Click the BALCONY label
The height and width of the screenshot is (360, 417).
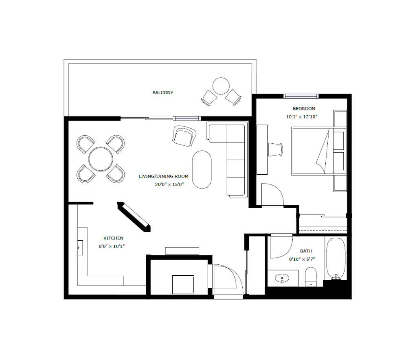(163, 92)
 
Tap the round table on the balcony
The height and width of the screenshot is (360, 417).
(221, 86)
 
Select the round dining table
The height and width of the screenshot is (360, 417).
(101, 159)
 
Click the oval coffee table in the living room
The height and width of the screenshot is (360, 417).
(202, 170)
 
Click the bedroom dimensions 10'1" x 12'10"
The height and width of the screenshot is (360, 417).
(302, 117)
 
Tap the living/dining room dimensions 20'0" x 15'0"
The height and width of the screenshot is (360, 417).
(169, 184)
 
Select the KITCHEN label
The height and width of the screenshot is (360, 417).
(113, 238)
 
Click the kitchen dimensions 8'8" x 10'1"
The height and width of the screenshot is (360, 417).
(112, 246)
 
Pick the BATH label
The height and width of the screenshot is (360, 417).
(306, 251)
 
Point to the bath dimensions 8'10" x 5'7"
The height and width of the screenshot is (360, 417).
(302, 259)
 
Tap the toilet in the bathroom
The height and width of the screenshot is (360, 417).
(311, 277)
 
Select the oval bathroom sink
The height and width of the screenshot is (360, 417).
(282, 279)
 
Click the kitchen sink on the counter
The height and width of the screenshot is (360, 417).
(80, 248)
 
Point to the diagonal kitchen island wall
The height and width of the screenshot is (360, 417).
(134, 217)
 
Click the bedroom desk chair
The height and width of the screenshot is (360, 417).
(276, 149)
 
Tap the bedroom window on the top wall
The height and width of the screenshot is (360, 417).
(301, 96)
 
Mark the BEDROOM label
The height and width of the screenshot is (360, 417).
(304, 108)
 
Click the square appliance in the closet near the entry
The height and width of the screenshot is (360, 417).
(183, 285)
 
